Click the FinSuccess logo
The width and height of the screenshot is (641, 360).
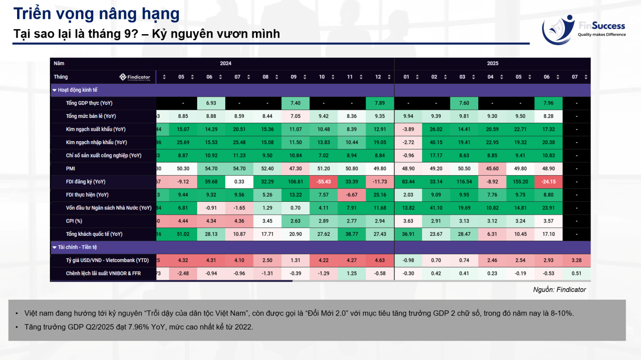coord(583,30)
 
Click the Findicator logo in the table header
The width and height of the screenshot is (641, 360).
coord(135,77)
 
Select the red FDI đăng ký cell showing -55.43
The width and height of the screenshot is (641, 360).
coord(323,182)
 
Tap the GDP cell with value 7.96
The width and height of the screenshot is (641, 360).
coord(548,103)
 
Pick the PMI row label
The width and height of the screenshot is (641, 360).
coord(71,168)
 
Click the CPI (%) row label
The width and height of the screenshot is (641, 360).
coord(74,221)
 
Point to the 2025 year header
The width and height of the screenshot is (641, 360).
coord(492,63)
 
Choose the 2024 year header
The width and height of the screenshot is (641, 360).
coord(226,63)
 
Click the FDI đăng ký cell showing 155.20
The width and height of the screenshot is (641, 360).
coord(520,182)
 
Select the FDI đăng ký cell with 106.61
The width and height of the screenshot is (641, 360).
coord(295,182)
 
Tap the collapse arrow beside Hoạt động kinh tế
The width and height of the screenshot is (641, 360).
coord(55,90)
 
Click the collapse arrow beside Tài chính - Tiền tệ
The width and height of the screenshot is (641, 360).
coord(55,248)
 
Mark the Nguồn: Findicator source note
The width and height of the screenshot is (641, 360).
coord(559,289)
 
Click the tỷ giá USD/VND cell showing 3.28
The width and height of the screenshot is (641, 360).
coord(576,260)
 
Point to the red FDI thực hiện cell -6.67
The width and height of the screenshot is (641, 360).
coord(352,195)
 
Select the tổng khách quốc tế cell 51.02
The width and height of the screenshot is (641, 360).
coord(183,234)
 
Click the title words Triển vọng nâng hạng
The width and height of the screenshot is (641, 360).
coord(97,14)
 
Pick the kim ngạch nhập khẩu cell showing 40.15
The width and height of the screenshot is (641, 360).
coord(436,142)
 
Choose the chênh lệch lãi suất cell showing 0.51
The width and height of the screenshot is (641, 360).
coord(576,274)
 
